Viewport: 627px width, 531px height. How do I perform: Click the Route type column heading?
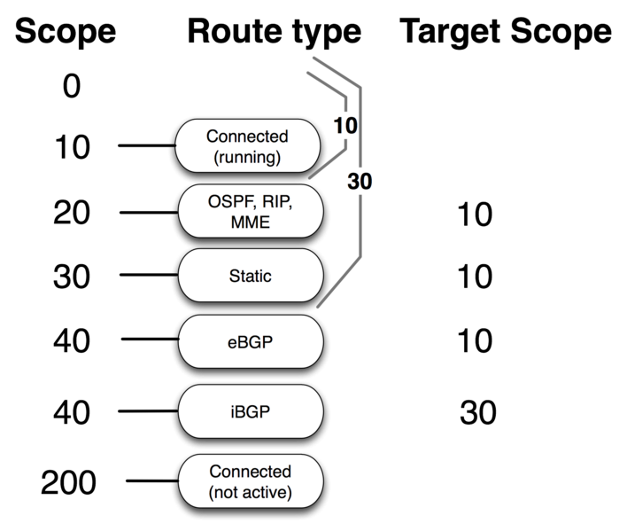coord(274,32)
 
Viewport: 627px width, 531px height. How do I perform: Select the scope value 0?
coord(72,88)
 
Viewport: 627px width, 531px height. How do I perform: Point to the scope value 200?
coord(69,484)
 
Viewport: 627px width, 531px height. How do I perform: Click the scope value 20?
coord(71,214)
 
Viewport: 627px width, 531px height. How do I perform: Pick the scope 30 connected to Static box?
coord(71,277)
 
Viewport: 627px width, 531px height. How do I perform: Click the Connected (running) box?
coord(247,146)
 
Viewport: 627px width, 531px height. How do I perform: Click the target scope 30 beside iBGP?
coord(478,413)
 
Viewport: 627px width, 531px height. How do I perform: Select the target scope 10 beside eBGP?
coord(475,341)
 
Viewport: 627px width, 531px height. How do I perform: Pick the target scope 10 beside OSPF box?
coord(475,215)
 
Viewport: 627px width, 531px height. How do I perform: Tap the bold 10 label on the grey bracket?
coord(346,126)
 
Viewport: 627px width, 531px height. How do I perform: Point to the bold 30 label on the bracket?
coord(360,182)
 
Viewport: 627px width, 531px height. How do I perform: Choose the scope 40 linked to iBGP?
coord(71,413)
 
